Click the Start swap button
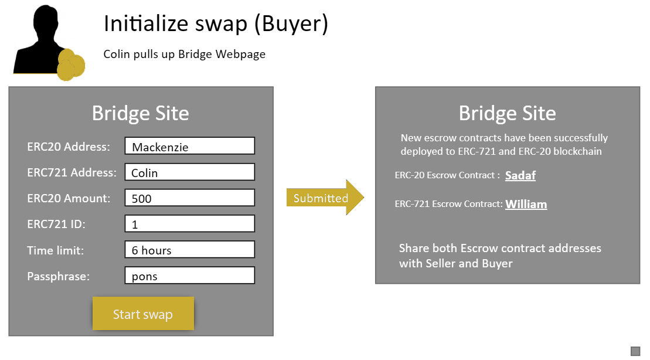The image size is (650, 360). coord(143,314)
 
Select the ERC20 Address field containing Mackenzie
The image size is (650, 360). coord(190,146)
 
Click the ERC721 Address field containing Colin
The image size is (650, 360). coord(190,172)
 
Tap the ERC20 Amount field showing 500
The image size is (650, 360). coord(190,198)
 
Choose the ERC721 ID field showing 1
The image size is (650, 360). coord(190,223)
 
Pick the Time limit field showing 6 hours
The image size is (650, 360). coord(190,250)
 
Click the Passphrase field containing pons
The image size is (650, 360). coord(190,276)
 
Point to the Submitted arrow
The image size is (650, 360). coord(325,198)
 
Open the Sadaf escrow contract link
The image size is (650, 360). coord(520,175)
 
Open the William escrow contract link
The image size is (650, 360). coord(526,204)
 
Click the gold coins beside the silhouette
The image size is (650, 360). coord(70,64)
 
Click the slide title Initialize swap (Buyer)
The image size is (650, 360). coord(216,23)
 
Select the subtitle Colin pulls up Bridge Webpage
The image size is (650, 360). coord(185,55)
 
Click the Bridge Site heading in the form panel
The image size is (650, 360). coord(141,113)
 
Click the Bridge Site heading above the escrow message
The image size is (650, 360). coord(508,113)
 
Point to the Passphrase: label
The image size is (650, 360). coord(59,276)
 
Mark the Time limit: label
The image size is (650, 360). coord(56,250)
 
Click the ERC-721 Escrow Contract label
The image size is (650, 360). coord(448,204)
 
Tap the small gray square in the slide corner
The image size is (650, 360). coord(635,351)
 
